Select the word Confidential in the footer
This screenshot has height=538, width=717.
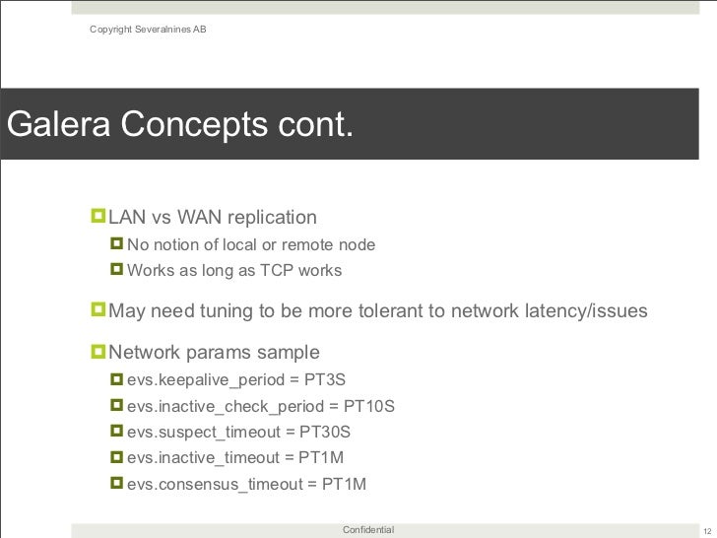tap(368, 530)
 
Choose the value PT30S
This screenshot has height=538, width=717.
tap(325, 432)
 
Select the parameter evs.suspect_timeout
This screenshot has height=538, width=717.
tap(205, 432)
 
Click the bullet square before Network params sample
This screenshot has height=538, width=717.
tap(98, 352)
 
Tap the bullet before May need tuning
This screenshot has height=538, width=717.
tap(98, 311)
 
